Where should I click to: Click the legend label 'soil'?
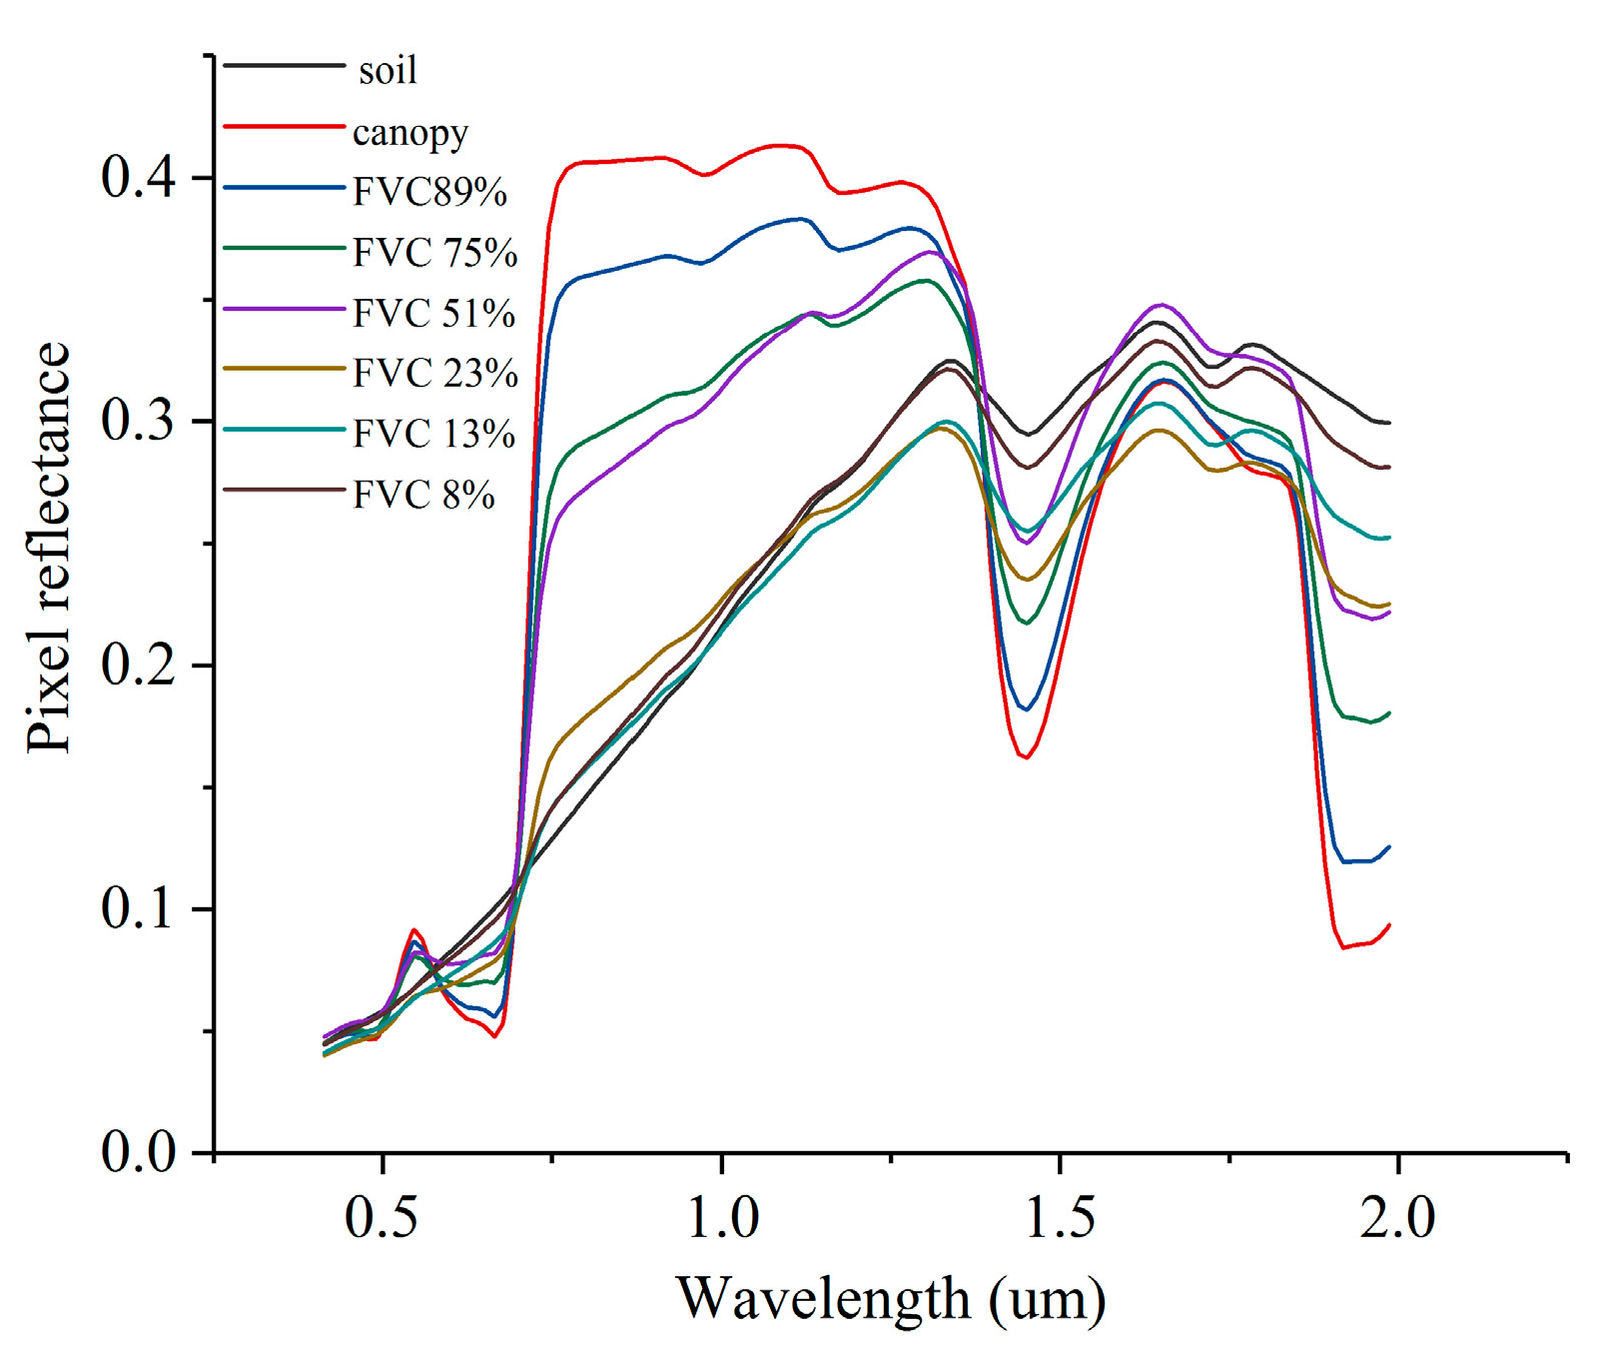pyautogui.click(x=388, y=71)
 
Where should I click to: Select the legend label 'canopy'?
pyautogui.click(x=410, y=133)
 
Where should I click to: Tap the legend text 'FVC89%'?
pyautogui.click(x=430, y=192)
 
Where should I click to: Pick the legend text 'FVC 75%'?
pyautogui.click(x=435, y=253)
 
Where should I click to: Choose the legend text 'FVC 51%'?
pyautogui.click(x=434, y=314)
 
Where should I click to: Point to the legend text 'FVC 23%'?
pyautogui.click(x=435, y=374)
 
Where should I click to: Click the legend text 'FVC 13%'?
pyautogui.click(x=434, y=434)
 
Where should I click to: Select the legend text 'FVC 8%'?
pyautogui.click(x=423, y=495)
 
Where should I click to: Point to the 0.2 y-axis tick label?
pyautogui.click(x=139, y=666)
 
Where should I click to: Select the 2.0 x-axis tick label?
pyautogui.click(x=1397, y=1218)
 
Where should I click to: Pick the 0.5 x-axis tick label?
pyautogui.click(x=382, y=1218)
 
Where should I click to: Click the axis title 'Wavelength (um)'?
pyautogui.click(x=891, y=1299)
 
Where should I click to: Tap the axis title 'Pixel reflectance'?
pyautogui.click(x=48, y=548)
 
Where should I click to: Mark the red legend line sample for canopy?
pyautogui.click(x=284, y=127)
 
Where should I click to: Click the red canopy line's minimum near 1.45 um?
pyautogui.click(x=1026, y=757)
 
